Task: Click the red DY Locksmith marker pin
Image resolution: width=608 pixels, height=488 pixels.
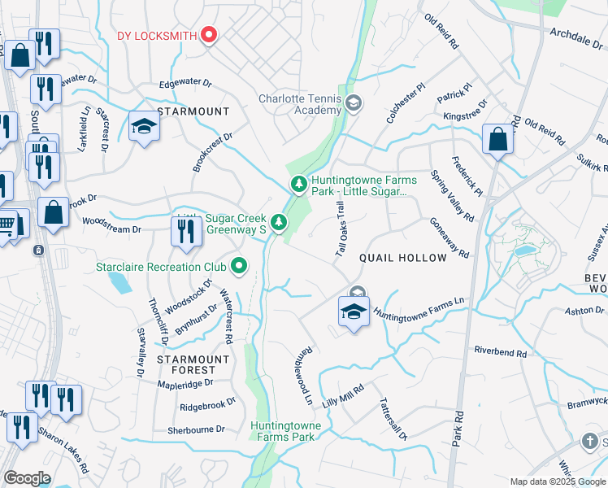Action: click(209, 34)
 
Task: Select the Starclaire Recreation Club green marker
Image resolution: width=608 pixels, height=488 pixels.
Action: click(239, 266)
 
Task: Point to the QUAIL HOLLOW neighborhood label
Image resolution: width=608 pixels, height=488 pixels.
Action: click(403, 258)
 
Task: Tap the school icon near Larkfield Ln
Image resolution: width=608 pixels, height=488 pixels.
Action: click(144, 128)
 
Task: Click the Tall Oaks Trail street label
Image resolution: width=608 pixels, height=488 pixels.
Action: click(341, 230)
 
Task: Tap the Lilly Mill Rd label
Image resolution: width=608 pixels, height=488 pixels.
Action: click(341, 396)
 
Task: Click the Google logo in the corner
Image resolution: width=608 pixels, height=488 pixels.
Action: click(27, 478)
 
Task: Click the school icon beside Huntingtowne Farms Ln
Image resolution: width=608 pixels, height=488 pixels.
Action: click(354, 312)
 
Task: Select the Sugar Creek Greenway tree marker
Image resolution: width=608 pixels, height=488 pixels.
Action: click(279, 222)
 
